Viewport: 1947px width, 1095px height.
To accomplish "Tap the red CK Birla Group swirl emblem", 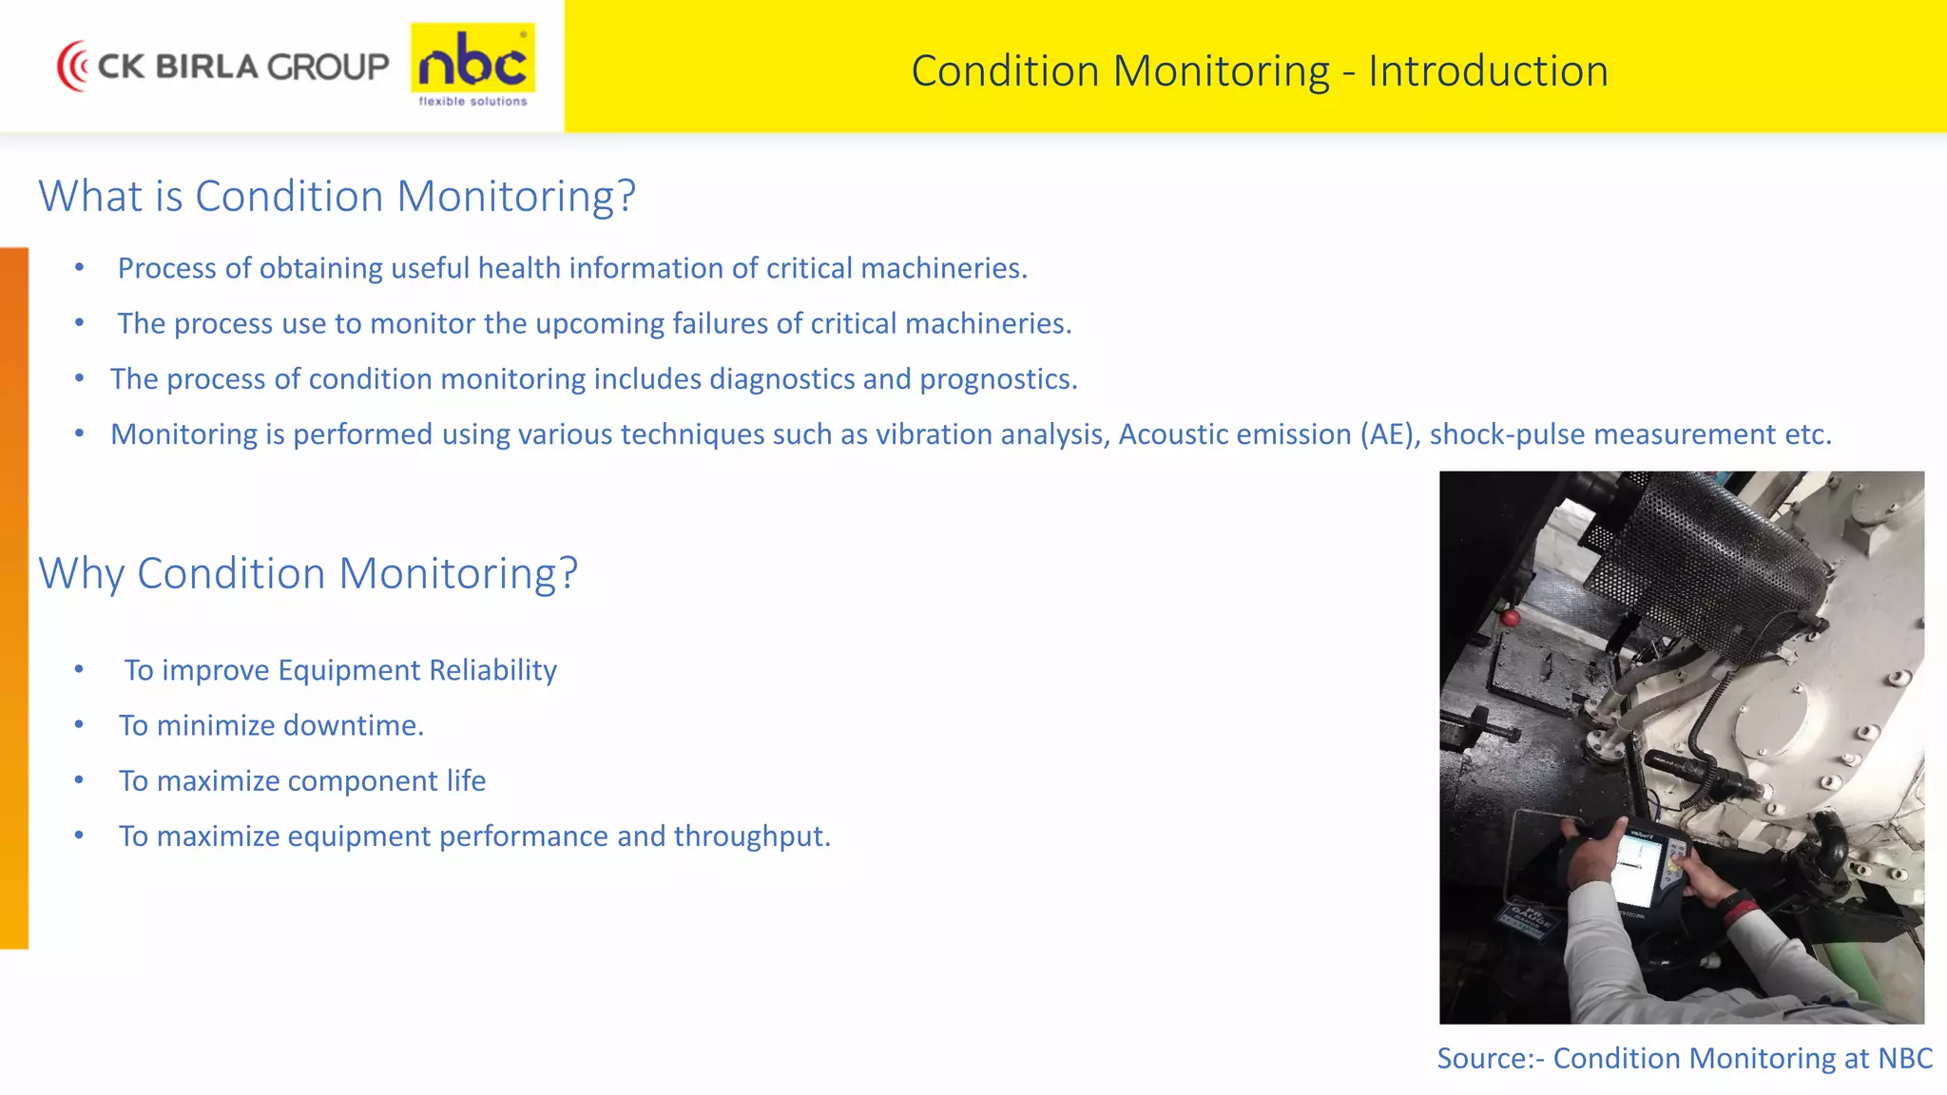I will [72, 66].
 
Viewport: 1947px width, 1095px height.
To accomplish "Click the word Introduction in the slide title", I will [1488, 71].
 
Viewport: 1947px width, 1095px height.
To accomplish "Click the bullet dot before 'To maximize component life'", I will [80, 780].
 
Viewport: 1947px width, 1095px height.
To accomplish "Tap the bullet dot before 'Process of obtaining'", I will [80, 268].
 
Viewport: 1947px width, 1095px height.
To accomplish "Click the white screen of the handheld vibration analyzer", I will [1637, 868].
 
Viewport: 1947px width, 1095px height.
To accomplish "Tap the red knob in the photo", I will [1511, 619].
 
